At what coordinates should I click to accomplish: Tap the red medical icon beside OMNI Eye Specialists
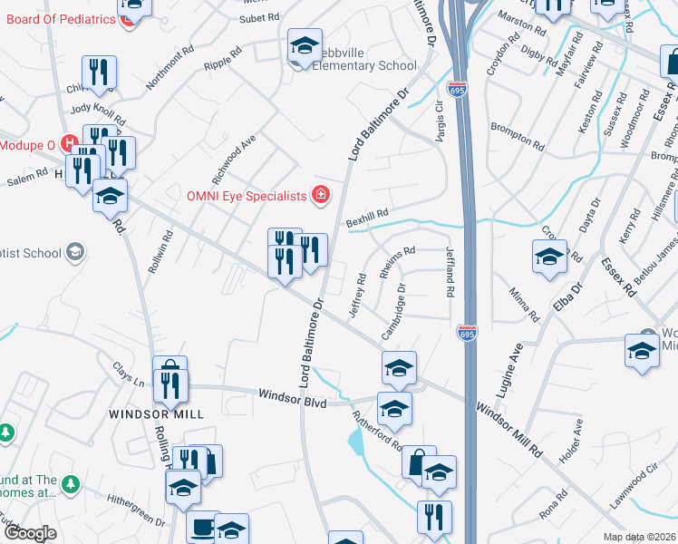(x=319, y=194)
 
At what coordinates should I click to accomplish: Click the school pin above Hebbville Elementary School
(x=305, y=44)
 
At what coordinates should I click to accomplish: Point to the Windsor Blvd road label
(x=291, y=396)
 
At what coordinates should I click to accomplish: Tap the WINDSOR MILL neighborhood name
(x=156, y=413)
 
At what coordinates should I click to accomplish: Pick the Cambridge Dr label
(x=393, y=313)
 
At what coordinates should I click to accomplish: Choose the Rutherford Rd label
(x=378, y=432)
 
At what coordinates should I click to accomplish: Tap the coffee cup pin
(x=202, y=526)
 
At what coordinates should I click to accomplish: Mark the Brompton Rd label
(x=517, y=137)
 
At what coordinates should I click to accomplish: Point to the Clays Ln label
(x=128, y=374)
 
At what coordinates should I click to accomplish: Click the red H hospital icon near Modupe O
(x=68, y=143)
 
